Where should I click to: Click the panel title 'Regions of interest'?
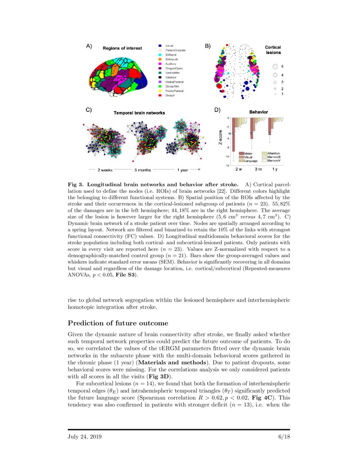122,48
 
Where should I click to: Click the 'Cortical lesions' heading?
273,50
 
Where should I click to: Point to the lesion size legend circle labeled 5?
274,67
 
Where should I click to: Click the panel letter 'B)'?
208,46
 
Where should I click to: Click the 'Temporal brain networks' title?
139,113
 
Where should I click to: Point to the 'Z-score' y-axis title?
220,138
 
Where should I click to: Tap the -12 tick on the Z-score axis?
227,165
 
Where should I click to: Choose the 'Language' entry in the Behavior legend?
250,161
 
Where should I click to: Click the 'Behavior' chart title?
258,112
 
